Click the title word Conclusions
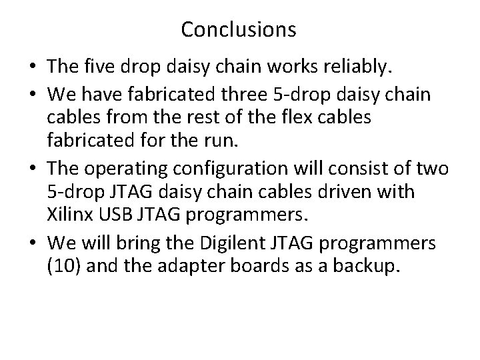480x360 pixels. click(239, 29)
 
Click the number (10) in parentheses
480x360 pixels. click(62, 267)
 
